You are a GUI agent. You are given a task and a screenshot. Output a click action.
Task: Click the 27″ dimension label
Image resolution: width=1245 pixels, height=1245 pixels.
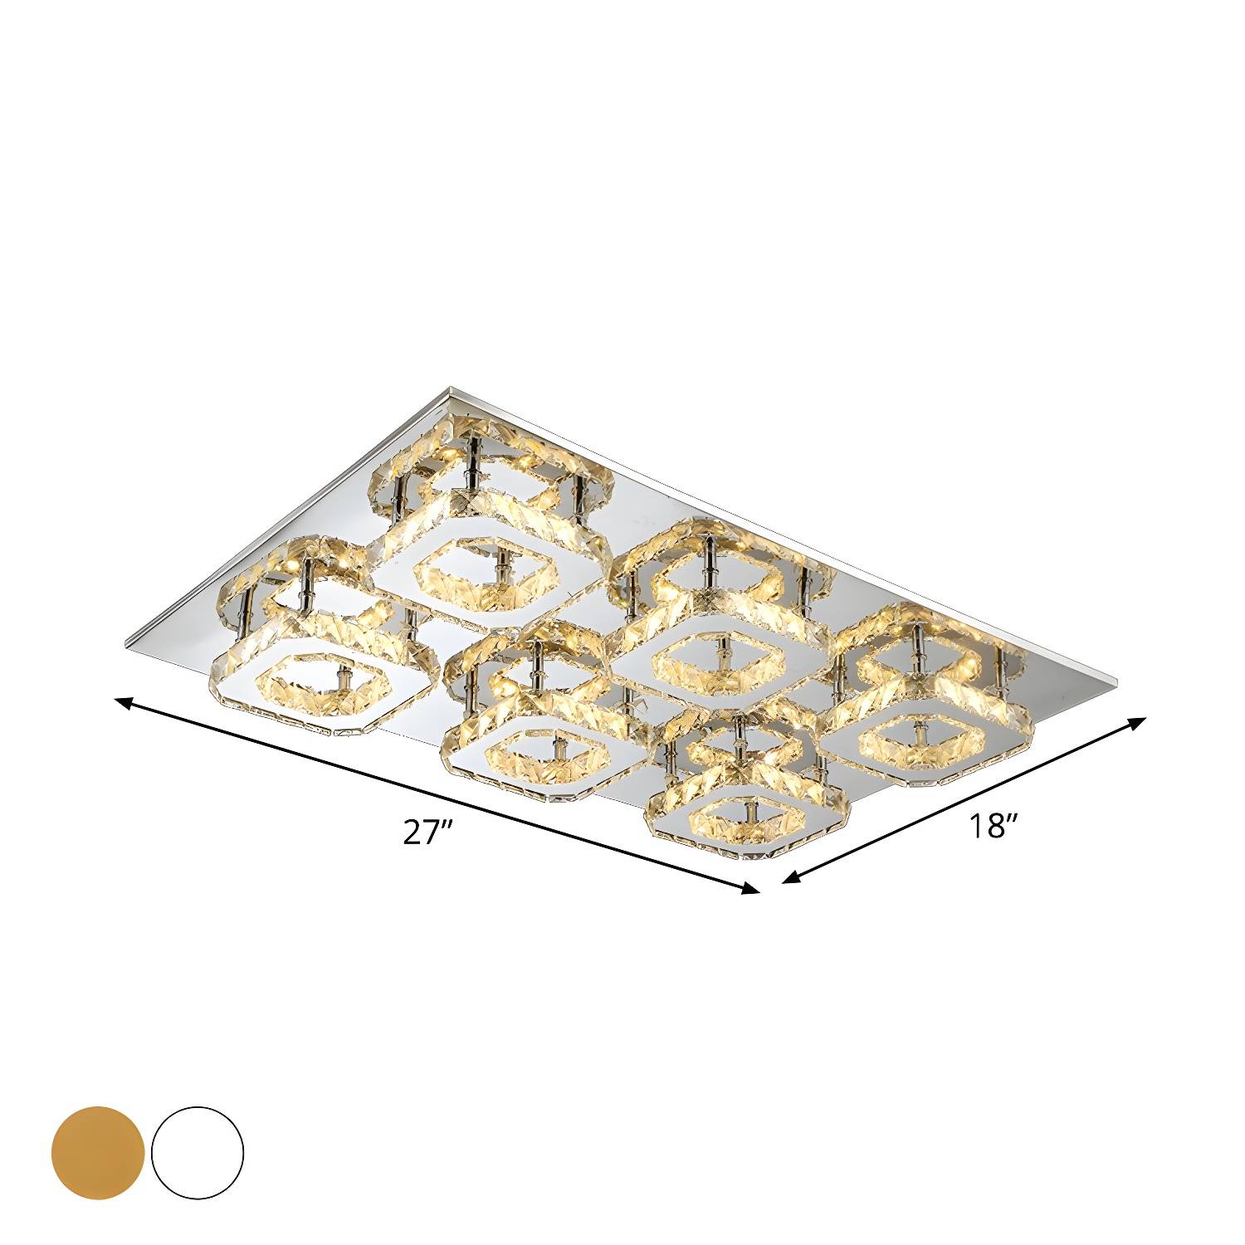[426, 832]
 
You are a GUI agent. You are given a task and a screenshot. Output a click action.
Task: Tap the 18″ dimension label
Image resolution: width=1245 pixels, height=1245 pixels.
[991, 827]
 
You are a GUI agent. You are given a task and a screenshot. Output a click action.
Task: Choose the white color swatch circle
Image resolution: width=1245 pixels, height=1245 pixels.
[198, 1151]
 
